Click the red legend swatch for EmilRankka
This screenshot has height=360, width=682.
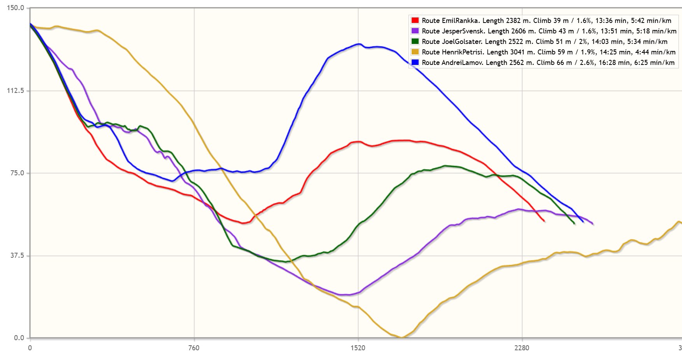415,21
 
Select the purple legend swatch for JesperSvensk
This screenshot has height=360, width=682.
415,31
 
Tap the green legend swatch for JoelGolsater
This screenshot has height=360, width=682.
415,42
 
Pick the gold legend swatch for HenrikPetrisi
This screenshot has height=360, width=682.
415,52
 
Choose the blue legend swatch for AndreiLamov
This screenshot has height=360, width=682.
415,63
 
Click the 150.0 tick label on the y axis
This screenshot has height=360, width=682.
16,8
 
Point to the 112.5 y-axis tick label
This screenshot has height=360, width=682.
16,91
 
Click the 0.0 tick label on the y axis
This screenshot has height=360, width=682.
19,338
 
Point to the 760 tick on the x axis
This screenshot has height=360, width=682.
194,348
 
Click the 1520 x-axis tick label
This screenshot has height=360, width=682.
358,348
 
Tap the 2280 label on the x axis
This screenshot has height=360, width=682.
522,348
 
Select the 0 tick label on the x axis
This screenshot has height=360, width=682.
30,348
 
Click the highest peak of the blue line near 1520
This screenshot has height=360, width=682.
359,44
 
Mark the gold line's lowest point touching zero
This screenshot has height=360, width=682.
401,337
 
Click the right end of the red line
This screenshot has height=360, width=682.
544,221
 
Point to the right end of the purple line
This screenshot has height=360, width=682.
592,224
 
